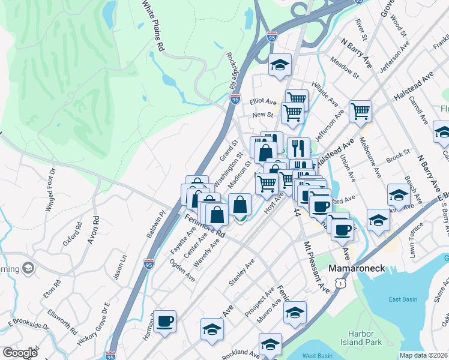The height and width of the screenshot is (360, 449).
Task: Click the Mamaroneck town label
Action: [360, 269]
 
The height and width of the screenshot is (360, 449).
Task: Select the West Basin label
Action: [318, 356]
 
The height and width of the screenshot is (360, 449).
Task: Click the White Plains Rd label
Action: [152, 25]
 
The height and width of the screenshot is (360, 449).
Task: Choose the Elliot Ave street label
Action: [264, 103]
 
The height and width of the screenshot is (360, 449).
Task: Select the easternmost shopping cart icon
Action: [360, 110]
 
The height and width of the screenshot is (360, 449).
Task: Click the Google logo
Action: [20, 353]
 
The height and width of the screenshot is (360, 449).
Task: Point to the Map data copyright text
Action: [423, 355]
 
